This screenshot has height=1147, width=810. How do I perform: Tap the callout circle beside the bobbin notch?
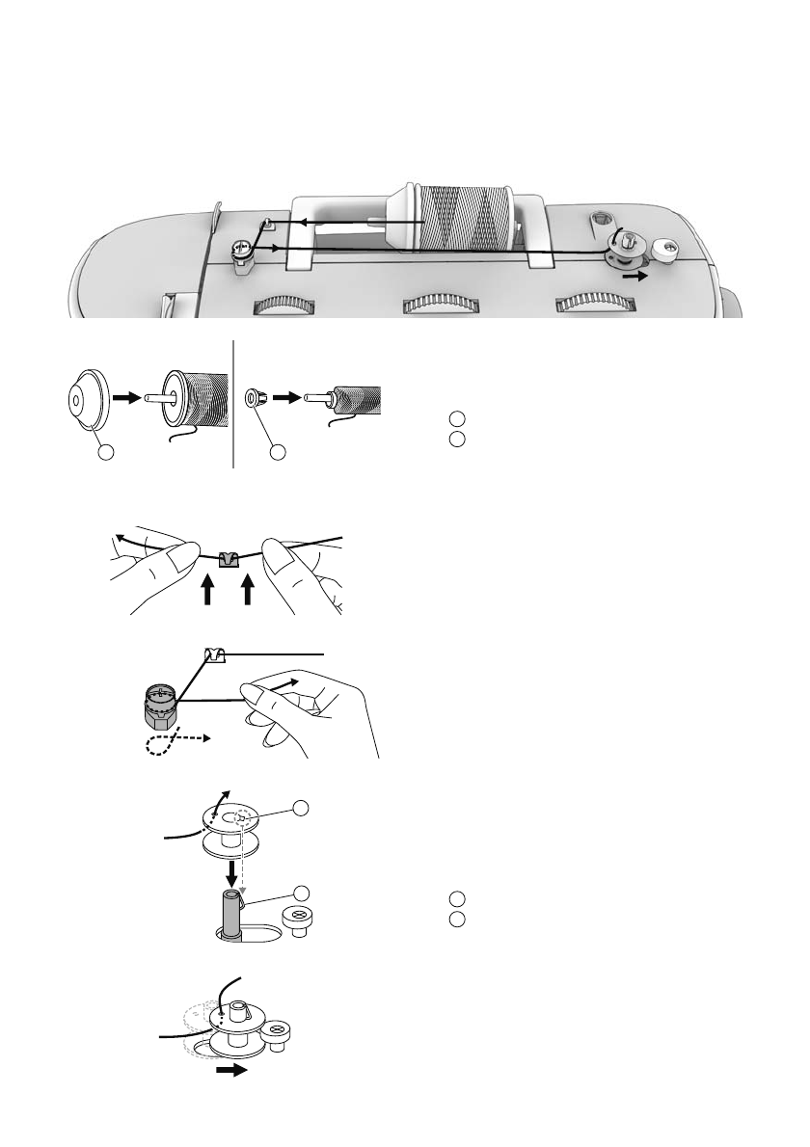[x=302, y=807]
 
